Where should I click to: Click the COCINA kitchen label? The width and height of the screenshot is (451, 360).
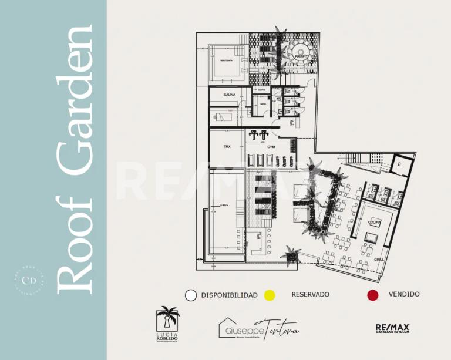tap(375, 222)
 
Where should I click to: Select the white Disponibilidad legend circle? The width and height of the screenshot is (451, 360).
tap(190, 295)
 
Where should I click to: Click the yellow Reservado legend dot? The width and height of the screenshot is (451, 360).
tap(270, 295)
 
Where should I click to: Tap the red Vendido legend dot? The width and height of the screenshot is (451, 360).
tap(372, 295)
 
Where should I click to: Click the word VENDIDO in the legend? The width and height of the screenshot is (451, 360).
tap(404, 294)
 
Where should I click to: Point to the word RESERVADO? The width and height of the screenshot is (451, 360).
tap(310, 294)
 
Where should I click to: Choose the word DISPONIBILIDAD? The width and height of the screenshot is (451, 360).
tap(229, 295)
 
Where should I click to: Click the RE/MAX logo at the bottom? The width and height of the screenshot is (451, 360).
tap(393, 328)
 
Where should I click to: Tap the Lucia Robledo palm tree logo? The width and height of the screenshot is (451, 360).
tap(167, 322)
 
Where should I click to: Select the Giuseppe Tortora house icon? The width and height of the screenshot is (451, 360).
tap(227, 327)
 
